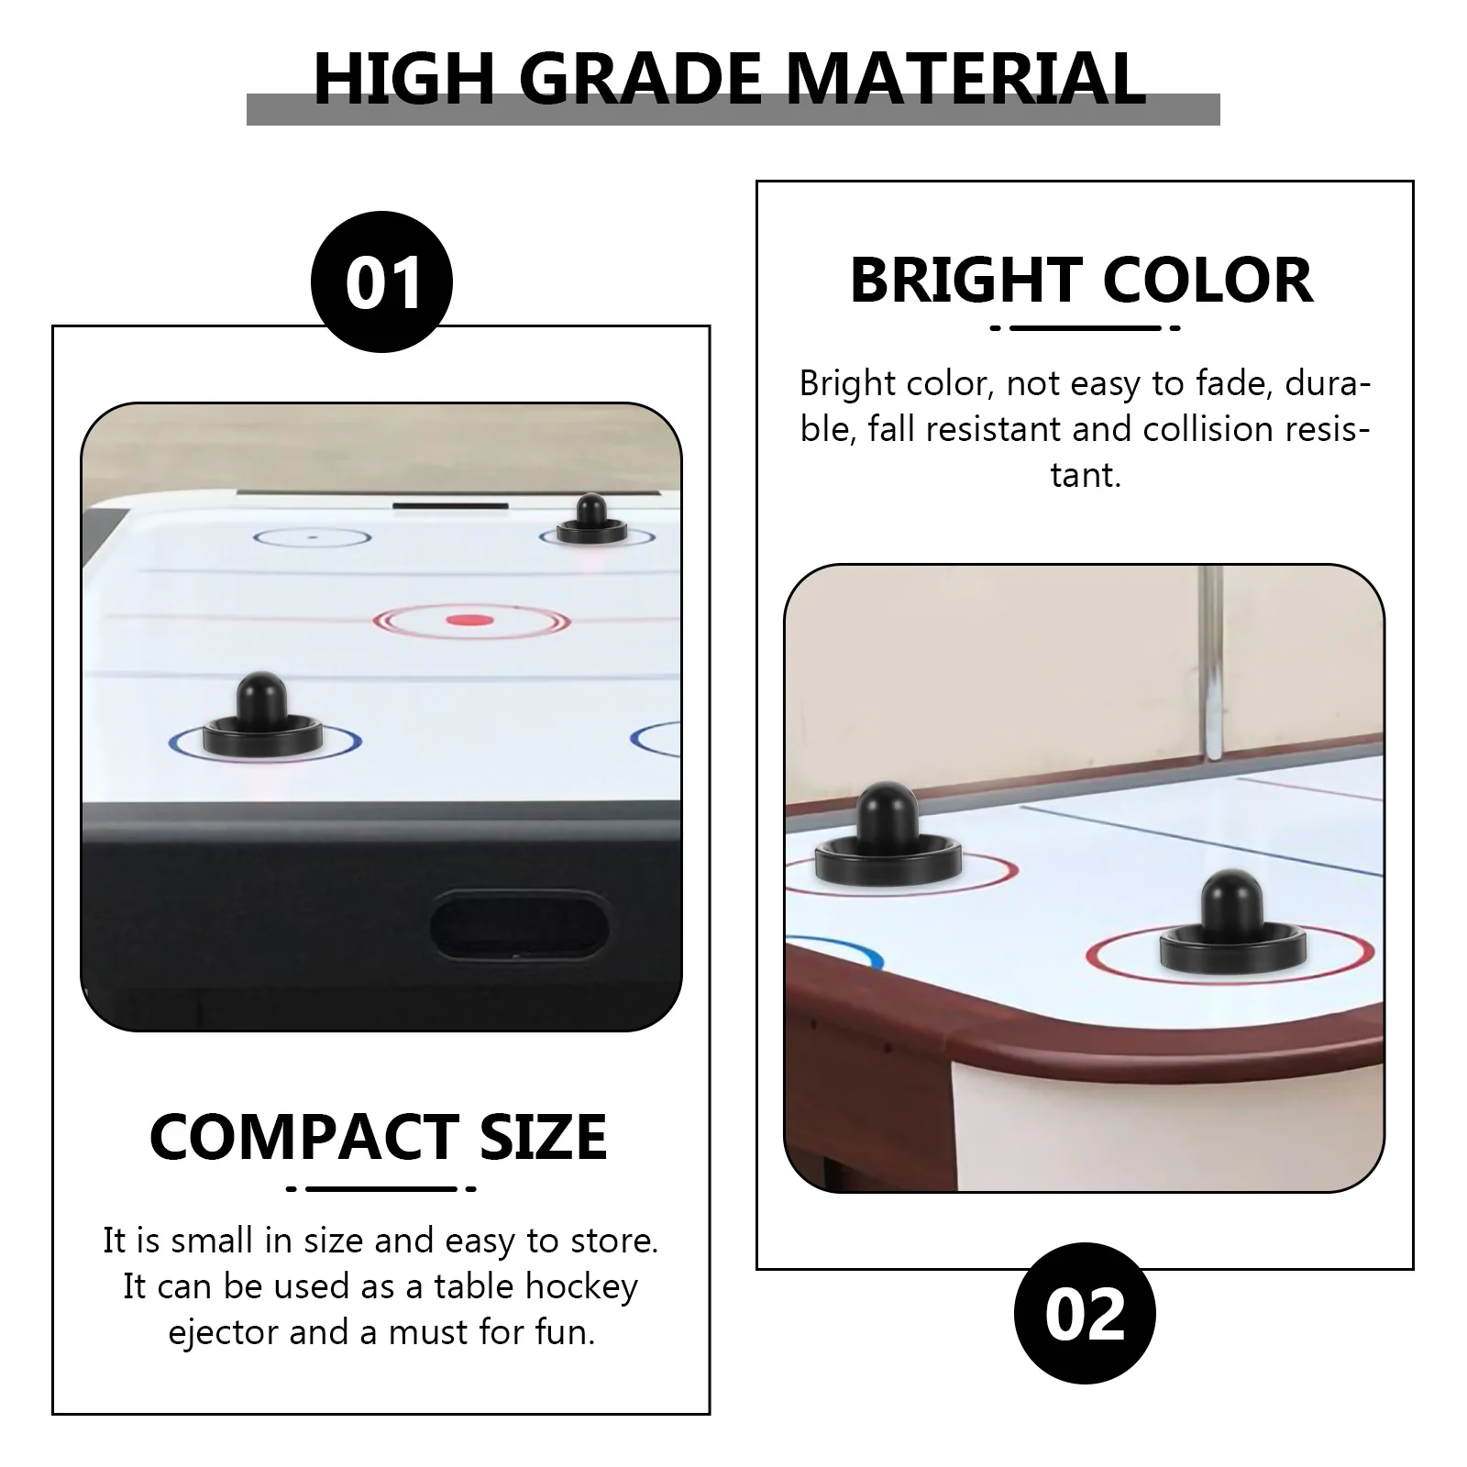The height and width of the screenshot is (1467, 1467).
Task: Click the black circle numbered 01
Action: (x=382, y=281)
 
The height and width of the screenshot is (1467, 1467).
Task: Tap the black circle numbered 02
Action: (x=1085, y=1313)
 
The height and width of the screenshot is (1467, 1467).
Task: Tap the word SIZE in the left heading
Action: (x=544, y=1137)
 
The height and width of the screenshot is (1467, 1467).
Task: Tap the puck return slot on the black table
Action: (x=519, y=927)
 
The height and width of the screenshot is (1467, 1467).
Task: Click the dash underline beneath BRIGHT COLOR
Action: (x=1085, y=327)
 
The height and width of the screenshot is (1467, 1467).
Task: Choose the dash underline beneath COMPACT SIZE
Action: (x=381, y=1189)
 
